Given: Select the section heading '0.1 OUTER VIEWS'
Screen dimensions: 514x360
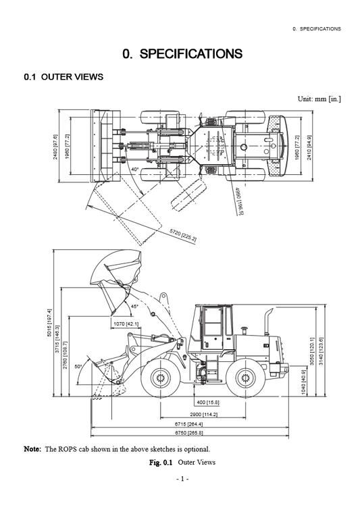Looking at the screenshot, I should coord(63,78).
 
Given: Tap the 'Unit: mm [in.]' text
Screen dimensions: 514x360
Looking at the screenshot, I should coord(319,99).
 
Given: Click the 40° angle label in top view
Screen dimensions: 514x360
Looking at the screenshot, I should coord(135,170).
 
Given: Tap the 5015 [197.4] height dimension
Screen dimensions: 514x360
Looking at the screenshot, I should coord(49,325).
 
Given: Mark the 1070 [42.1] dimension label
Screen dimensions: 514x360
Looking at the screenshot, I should coord(125,324).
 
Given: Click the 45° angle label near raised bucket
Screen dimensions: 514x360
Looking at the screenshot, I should coord(134,306).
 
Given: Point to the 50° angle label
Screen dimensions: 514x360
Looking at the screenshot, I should coord(78,366).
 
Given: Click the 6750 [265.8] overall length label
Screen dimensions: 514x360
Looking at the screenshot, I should coord(190,432).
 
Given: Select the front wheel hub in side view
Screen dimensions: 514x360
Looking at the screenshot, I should coord(160,376).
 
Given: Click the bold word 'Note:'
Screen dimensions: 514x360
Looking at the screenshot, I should coord(32,449).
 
